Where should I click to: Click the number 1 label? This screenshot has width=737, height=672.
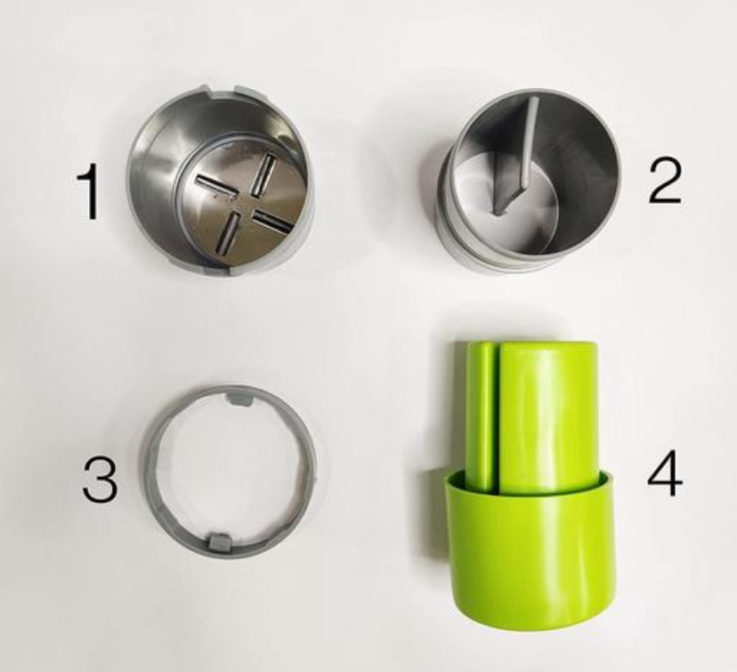[89, 193]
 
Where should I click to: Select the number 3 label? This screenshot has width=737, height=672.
[100, 482]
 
